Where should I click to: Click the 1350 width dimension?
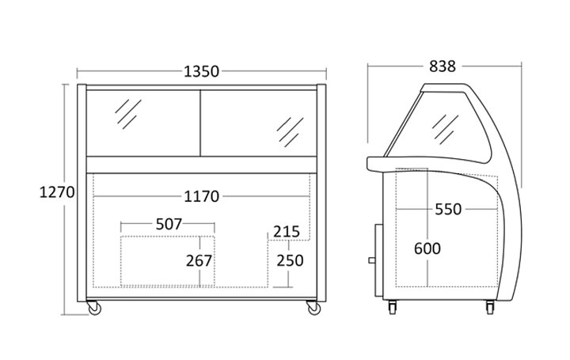[201, 71]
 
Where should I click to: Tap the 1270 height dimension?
[57, 191]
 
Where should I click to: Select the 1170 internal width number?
[201, 196]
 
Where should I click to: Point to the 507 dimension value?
[169, 224]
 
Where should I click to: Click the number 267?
[199, 260]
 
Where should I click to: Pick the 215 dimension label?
[287, 231]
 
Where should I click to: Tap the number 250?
[290, 260]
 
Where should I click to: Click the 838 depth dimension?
[442, 66]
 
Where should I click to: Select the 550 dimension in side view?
[448, 209]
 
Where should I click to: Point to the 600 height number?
[427, 248]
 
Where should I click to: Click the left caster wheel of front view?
[93, 308]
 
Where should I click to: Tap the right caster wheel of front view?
[313, 308]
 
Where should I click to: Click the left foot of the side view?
[393, 307]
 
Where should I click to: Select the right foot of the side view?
[490, 307]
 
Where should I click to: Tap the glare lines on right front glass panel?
[290, 132]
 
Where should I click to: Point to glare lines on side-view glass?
[445, 129]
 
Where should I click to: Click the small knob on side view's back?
[372, 260]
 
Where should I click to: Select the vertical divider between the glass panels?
[200, 123]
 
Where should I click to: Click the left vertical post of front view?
[82, 193]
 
